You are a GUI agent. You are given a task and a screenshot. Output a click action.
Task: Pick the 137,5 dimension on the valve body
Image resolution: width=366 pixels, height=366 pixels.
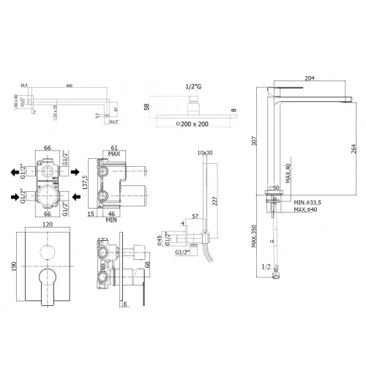(x=86, y=181)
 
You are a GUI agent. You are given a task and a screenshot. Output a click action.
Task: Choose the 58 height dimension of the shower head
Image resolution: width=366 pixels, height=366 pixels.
(x=148, y=108)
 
